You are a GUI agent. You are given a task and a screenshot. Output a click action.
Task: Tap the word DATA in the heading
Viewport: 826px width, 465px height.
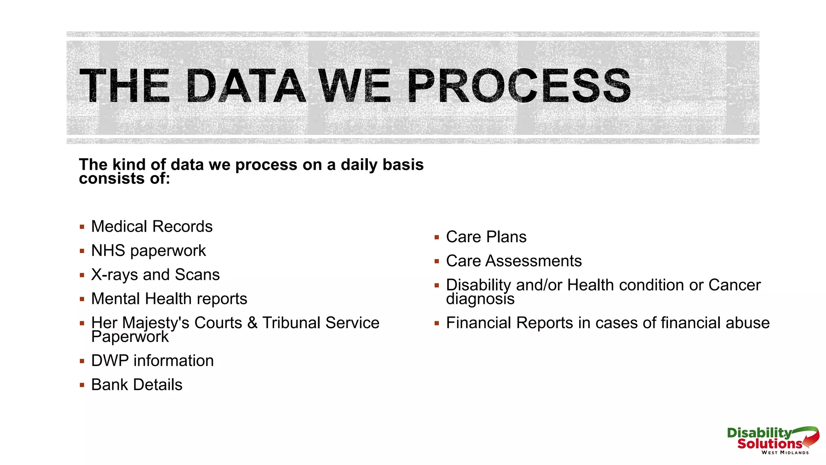pyautogui.click(x=246, y=86)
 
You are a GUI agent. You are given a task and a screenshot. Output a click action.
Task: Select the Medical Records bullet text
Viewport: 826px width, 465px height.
pyautogui.click(x=152, y=226)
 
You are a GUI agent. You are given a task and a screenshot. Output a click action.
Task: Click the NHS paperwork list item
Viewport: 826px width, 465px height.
pyautogui.click(x=148, y=251)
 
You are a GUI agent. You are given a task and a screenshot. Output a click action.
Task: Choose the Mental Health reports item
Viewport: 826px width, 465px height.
pyautogui.click(x=169, y=299)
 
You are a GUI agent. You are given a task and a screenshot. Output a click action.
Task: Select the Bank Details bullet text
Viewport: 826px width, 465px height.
pyautogui.click(x=137, y=385)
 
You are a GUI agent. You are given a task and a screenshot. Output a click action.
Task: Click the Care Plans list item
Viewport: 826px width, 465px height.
pyautogui.click(x=486, y=237)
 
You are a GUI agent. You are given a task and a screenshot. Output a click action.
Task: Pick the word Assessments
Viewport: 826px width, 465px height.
pyautogui.click(x=533, y=261)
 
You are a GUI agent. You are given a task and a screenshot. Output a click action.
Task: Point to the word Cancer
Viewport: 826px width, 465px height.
pyautogui.click(x=734, y=285)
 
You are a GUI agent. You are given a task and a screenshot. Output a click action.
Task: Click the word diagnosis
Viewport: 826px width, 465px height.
pyautogui.click(x=480, y=299)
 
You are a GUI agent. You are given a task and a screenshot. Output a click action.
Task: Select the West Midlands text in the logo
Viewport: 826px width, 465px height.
pyautogui.click(x=785, y=452)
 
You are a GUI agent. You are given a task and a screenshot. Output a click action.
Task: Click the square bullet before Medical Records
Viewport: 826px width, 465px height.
pyautogui.click(x=82, y=227)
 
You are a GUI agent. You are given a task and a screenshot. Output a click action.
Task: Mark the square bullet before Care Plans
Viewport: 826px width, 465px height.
pyautogui.click(x=436, y=237)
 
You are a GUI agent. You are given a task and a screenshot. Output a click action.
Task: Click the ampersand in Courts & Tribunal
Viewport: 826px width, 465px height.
pyautogui.click(x=252, y=323)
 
